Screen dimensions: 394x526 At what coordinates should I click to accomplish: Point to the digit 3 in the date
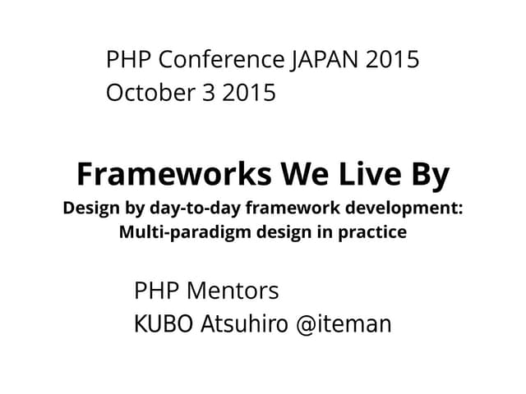tap(206, 94)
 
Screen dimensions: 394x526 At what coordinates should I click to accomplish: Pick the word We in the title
tap(306, 175)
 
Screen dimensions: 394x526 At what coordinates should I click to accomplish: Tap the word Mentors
tap(233, 291)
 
